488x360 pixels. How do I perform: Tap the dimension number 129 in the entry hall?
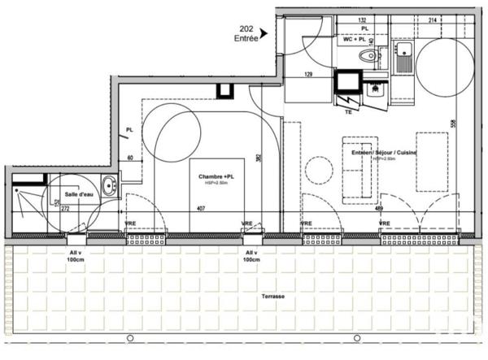click(308, 75)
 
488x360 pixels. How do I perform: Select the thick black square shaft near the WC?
click(349, 82)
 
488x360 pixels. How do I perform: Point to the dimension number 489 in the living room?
click(378, 208)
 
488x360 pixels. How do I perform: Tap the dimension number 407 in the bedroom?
click(200, 208)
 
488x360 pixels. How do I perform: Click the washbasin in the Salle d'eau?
click(109, 183)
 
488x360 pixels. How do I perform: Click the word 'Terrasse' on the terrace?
click(273, 297)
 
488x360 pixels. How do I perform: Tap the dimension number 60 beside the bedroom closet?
click(129, 158)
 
